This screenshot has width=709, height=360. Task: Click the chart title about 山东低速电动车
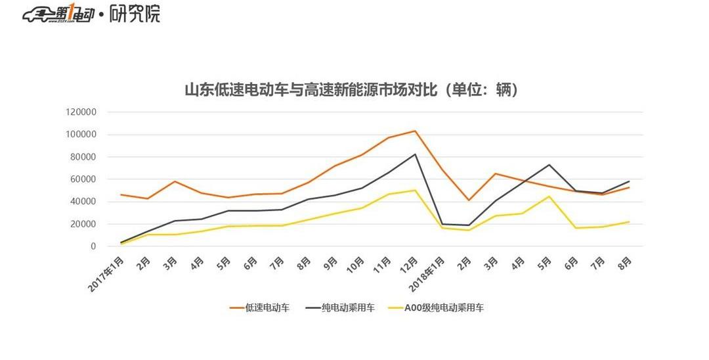click(352, 90)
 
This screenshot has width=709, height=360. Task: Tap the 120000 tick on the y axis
click(81, 112)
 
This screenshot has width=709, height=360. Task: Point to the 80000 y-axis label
click(83, 157)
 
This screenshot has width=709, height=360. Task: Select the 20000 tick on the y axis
click(83, 224)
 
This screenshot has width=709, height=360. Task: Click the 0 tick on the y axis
click(94, 246)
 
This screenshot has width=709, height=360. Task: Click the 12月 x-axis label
click(408, 265)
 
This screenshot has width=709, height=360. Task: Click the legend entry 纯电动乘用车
click(348, 307)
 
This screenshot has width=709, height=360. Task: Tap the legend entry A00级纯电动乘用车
click(444, 307)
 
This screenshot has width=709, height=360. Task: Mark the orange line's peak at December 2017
click(415, 131)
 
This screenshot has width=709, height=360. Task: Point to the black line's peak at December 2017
click(415, 154)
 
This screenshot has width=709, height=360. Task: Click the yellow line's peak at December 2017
click(415, 191)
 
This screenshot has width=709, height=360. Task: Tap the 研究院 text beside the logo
click(135, 14)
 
